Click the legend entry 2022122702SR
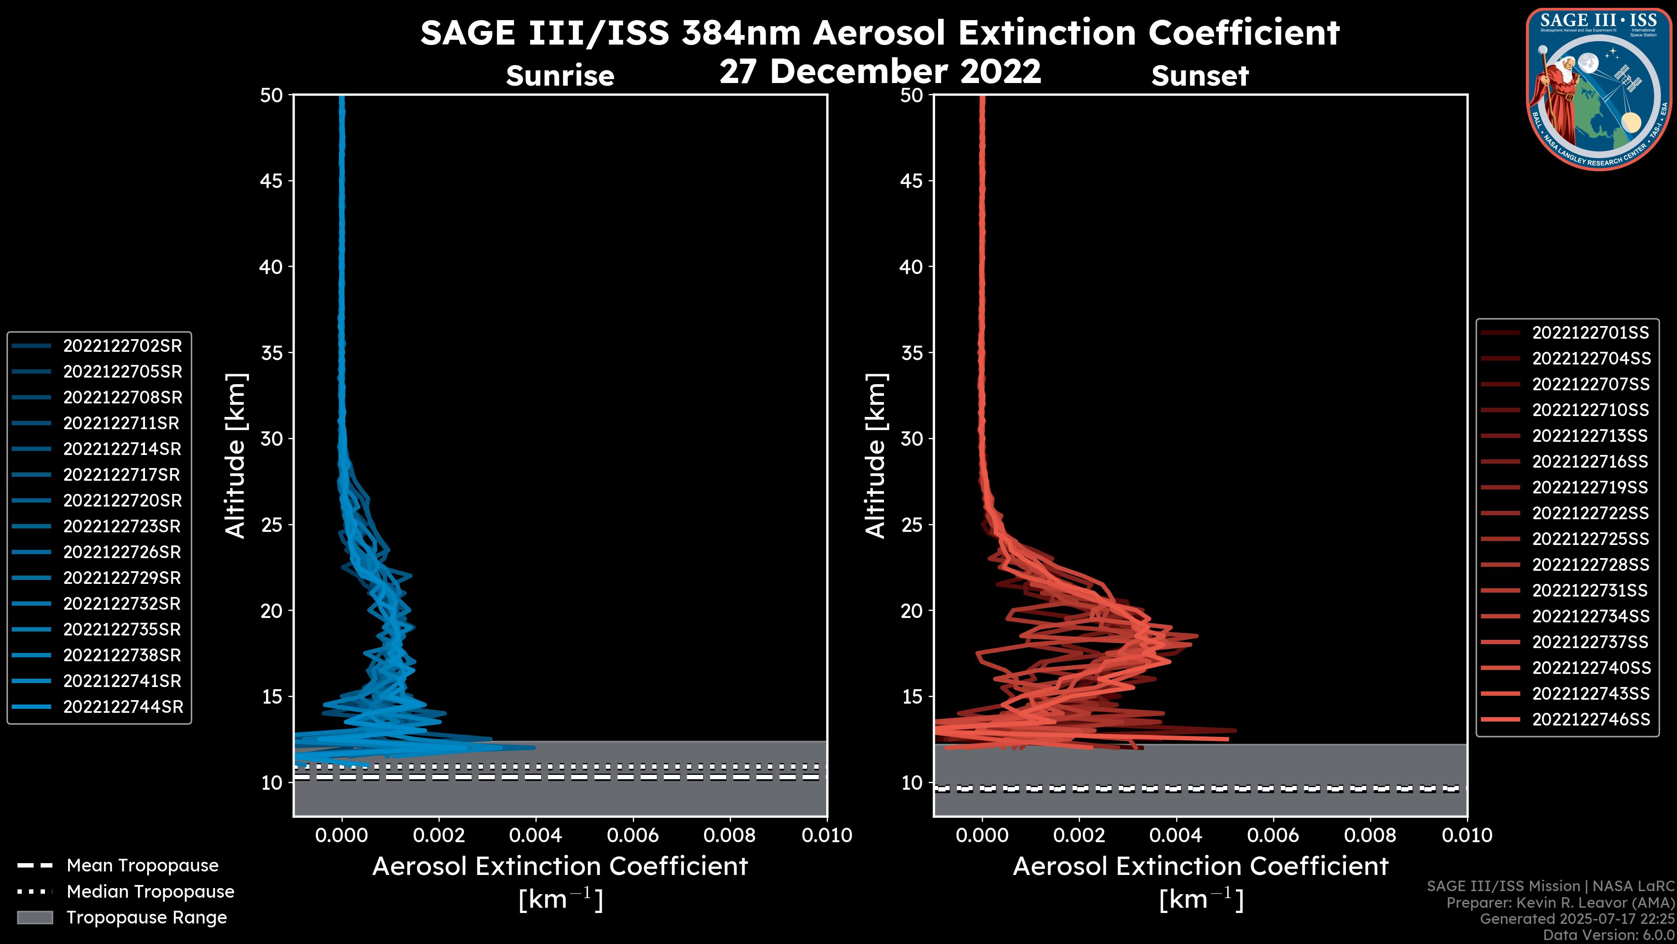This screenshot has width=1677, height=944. pos(122,346)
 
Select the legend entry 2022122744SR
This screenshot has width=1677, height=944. pos(123,707)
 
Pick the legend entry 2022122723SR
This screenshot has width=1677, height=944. pos(122,526)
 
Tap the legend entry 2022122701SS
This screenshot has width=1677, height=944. pos(1591,333)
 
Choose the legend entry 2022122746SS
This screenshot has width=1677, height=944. pos(1591,719)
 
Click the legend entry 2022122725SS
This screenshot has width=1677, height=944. pos(1591,539)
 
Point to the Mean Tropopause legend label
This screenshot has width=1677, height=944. pos(142,865)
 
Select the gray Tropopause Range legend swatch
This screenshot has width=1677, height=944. pos(35,917)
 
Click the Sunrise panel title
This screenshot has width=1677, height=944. pos(560,76)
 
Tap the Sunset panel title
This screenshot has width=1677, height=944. pos(1200,76)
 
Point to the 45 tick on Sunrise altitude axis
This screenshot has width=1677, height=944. pos(272,181)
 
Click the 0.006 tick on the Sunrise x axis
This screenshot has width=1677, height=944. pos(633,835)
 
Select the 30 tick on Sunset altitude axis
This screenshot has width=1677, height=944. pos(911,439)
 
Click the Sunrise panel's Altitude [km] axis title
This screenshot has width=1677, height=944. pos(235,455)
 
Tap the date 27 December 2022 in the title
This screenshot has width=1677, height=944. pos(880,71)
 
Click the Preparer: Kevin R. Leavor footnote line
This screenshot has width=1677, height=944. pos(1560,903)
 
